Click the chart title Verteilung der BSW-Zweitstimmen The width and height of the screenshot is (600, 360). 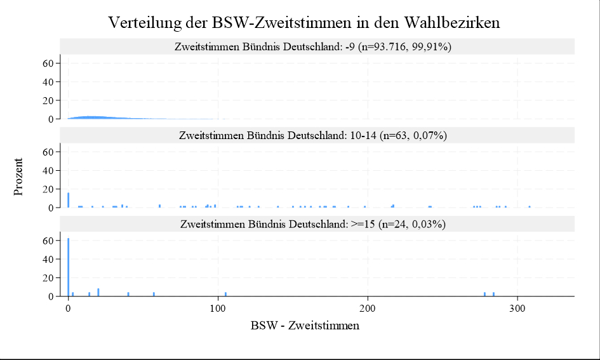click(x=304, y=22)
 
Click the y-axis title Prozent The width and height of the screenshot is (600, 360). click(x=18, y=177)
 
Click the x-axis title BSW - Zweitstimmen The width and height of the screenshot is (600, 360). click(x=305, y=326)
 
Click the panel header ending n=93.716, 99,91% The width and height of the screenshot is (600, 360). click(x=317, y=46)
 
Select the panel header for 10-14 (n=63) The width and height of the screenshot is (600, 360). click(x=317, y=135)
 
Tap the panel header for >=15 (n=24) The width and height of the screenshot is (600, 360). click(x=317, y=224)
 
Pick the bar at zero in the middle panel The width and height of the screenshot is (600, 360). click(x=68, y=200)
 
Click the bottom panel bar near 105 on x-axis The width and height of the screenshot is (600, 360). click(x=225, y=294)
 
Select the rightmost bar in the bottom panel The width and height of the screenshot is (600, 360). click(x=493, y=294)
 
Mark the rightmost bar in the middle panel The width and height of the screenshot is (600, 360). click(x=530, y=206)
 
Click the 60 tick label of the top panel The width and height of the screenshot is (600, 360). click(x=46, y=63)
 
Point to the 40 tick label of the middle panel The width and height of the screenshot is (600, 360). click(x=46, y=171)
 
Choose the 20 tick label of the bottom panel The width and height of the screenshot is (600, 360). click(x=46, y=278)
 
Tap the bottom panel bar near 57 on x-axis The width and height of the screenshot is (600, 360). click(x=154, y=294)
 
